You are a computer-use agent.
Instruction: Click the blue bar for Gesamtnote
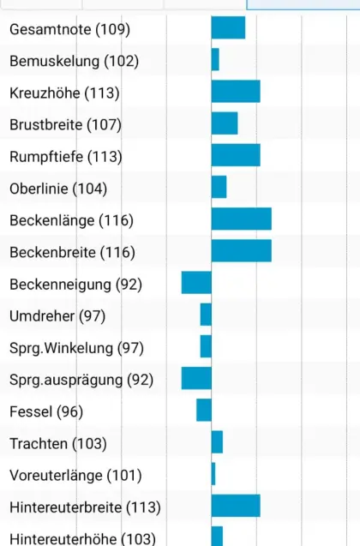[228, 28]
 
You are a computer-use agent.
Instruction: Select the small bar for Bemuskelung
[215, 60]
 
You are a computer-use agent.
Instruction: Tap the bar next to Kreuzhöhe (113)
[236, 92]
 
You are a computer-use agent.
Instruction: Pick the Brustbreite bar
[225, 123]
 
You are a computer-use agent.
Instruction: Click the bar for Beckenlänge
[242, 219]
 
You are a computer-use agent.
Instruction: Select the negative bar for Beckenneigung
[196, 283]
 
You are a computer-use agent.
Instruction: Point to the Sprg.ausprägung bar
[196, 378]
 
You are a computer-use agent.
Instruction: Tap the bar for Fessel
[204, 411]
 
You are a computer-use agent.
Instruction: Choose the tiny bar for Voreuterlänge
[213, 474]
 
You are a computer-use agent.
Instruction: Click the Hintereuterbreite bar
[236, 506]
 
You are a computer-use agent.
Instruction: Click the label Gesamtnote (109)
[69, 30]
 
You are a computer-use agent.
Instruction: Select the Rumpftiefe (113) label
[66, 157]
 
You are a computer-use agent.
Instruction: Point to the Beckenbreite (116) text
[72, 252]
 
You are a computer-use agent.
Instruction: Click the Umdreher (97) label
[57, 316]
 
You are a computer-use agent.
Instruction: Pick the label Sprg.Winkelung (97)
[77, 348]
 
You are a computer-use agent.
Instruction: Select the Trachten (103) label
[58, 443]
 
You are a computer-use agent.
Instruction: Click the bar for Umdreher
[206, 315]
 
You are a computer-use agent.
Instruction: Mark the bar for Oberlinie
[219, 187]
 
